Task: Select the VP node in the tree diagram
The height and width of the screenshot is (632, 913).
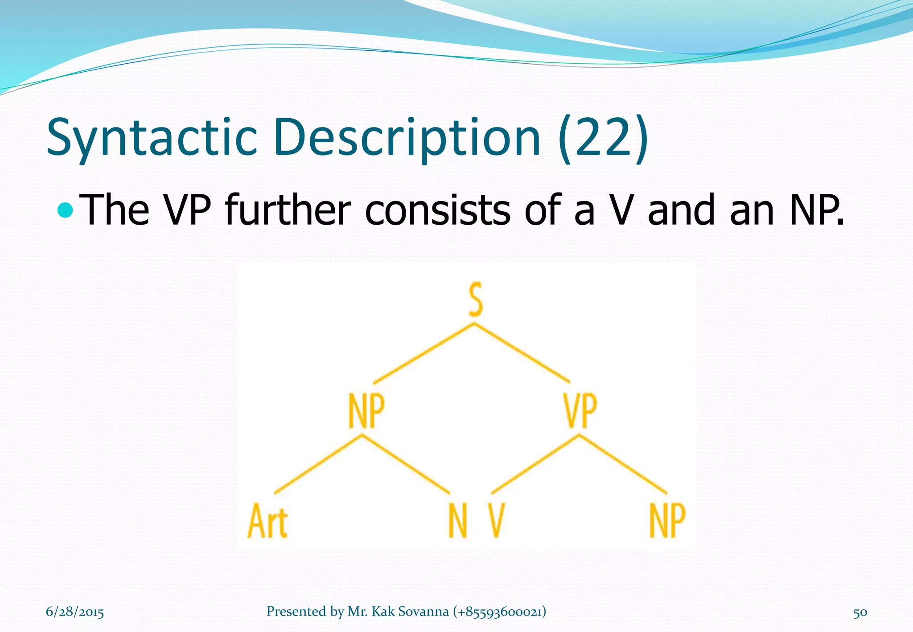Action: tap(579, 410)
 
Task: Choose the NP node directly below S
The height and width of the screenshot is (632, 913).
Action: tap(366, 410)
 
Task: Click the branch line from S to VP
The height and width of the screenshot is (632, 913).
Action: tap(522, 353)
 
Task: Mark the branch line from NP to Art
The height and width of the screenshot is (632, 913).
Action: tap(318, 464)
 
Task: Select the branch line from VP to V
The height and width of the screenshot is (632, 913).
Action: tap(535, 464)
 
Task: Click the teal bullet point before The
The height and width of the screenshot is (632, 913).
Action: tap(66, 209)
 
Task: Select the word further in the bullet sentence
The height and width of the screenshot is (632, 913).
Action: tap(288, 209)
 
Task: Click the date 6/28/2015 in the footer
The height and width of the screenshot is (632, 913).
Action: tap(75, 611)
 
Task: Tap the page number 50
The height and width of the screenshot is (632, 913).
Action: tap(860, 612)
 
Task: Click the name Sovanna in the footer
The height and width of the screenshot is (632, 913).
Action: tap(423, 611)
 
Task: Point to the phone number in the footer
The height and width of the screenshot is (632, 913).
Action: tap(499, 611)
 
